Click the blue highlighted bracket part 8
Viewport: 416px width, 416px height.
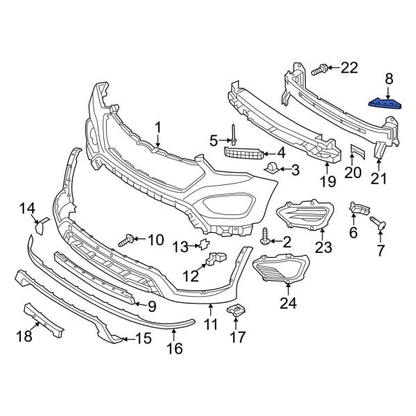[385, 104]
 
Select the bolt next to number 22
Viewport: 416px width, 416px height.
[320, 69]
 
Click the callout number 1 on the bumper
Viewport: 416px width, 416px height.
[157, 128]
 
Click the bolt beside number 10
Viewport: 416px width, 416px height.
[128, 241]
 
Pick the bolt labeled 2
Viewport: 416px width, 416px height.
[266, 241]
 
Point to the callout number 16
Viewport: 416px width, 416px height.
[175, 347]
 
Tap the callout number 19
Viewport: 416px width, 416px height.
[327, 182]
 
